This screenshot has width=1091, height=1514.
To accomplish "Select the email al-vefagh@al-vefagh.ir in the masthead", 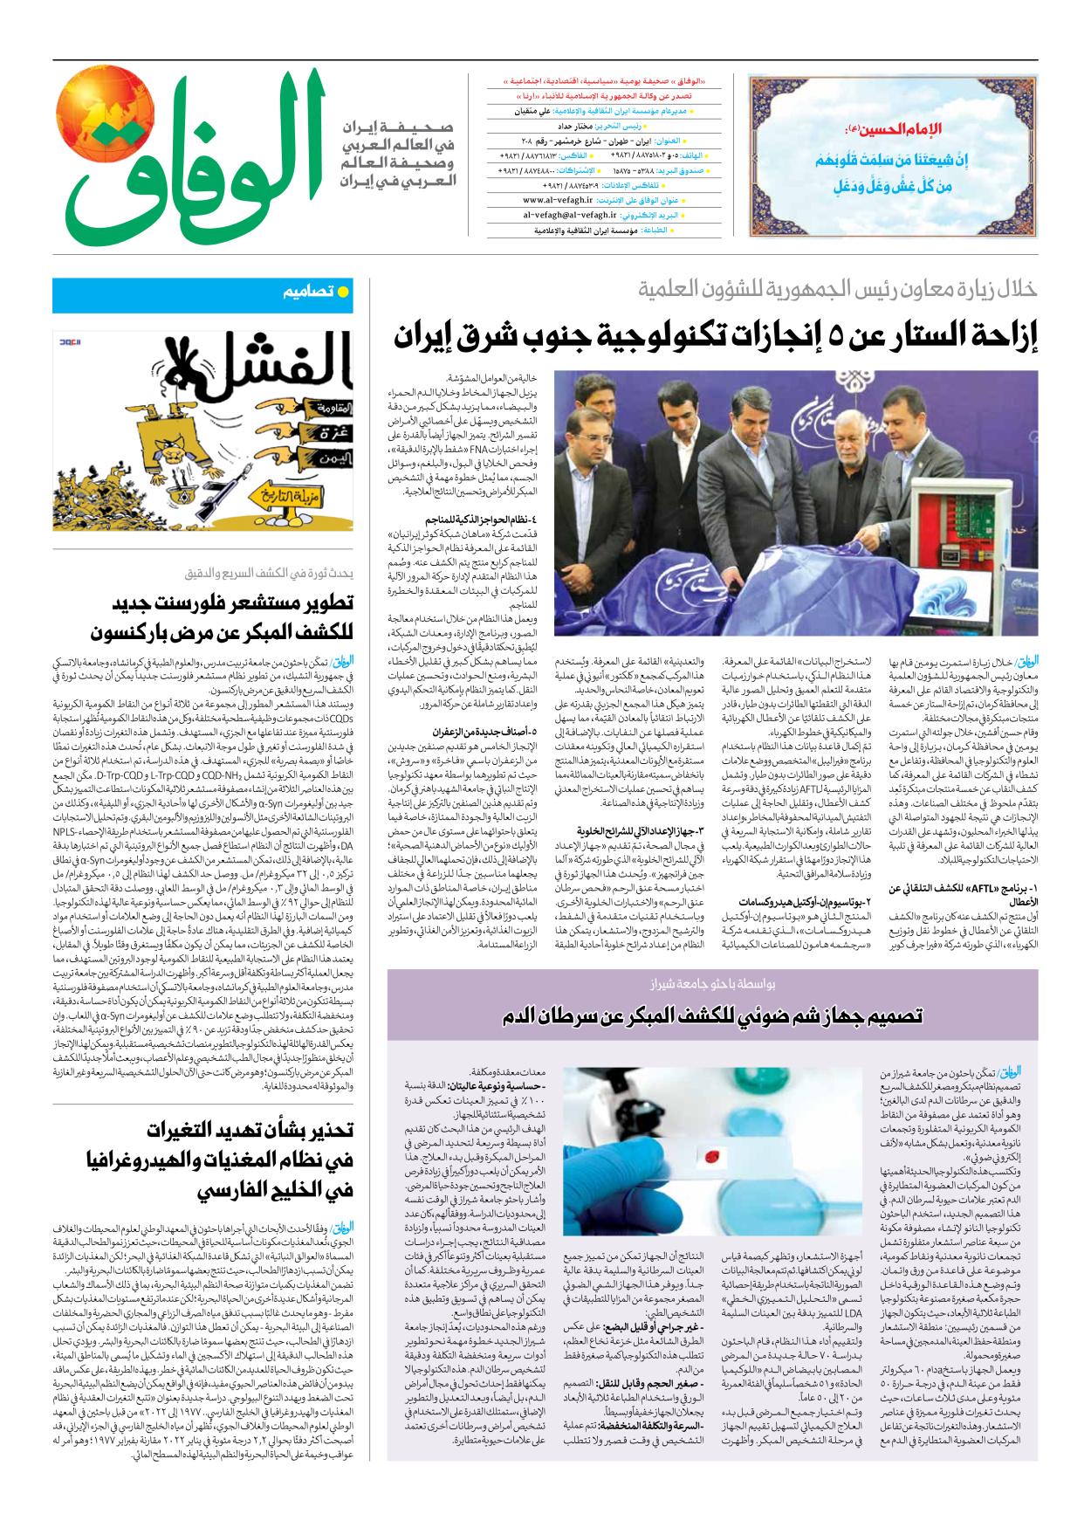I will pos(569,215).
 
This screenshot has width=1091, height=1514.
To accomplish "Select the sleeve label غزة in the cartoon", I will pos(333,434).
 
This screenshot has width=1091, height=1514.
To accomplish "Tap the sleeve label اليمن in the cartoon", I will pos(335,458).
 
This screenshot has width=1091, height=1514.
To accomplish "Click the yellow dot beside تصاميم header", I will pos(343,292).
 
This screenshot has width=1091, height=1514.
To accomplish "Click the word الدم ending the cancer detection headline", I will pos(527,1016).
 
